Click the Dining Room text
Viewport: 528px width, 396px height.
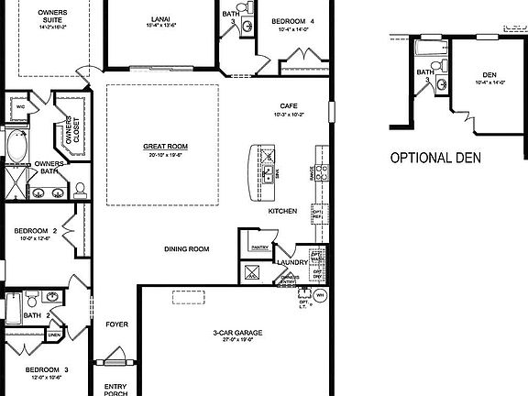186,248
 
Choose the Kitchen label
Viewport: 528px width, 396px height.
282,212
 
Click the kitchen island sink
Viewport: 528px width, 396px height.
267,170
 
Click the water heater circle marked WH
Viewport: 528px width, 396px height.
321,295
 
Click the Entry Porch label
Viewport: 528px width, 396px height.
115,388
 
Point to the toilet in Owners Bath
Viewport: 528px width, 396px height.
80,190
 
